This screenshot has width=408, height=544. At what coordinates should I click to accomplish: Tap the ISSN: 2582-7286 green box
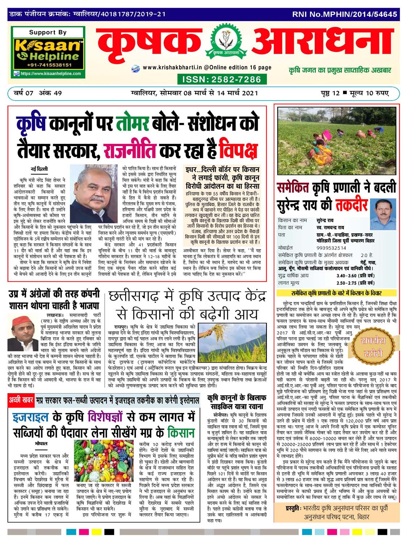(221, 79)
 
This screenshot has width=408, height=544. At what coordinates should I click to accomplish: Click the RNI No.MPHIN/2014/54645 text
(345, 15)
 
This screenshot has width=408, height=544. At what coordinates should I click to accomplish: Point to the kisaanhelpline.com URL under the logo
(50, 74)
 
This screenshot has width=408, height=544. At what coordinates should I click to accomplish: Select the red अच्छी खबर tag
(21, 401)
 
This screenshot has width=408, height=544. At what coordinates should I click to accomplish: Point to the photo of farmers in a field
(336, 143)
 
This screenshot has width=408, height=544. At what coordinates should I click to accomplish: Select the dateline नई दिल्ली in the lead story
(39, 169)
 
